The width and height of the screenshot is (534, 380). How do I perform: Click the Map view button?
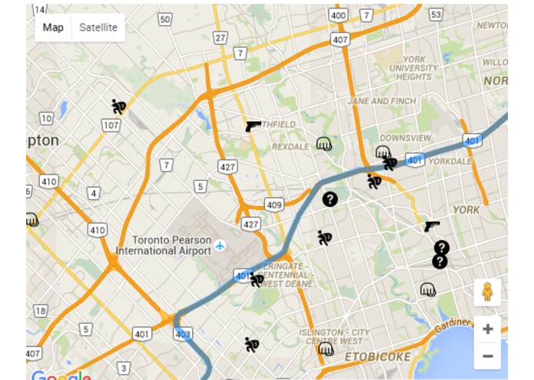53,28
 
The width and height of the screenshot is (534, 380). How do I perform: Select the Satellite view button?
98,28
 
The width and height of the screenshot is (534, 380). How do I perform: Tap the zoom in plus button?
487,328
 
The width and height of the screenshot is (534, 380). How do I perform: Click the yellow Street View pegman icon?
487,292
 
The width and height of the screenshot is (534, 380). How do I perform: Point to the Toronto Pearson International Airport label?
164,245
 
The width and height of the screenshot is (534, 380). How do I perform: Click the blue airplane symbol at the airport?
221,245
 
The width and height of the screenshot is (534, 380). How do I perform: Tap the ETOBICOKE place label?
373,357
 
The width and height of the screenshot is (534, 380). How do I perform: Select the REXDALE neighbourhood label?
290,146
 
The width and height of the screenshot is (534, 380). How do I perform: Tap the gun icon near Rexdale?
254,126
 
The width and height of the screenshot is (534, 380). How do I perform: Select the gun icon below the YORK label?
432,226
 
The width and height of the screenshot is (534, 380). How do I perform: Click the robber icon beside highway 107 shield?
118,106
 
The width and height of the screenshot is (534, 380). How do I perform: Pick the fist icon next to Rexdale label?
324,143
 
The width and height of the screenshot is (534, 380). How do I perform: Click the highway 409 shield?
273,205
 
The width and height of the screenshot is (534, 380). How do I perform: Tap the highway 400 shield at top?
337,15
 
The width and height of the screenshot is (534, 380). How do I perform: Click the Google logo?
61,375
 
